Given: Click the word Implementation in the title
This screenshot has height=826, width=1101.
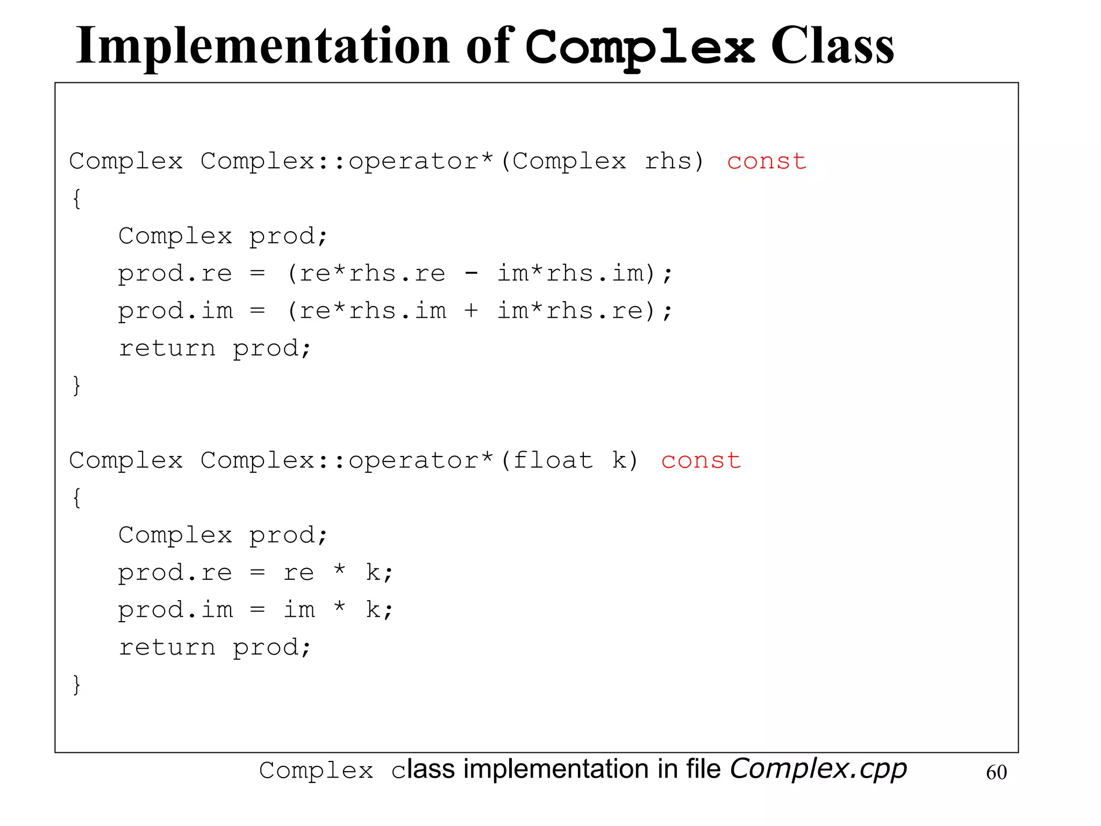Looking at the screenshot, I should coord(262,47).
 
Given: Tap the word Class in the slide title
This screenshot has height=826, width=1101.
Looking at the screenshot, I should coord(832,47).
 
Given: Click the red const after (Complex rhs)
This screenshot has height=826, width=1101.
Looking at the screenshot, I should coord(767,161).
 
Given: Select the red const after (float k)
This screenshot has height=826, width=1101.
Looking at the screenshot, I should coord(701,461).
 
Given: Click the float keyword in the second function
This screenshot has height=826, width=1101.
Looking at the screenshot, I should coord(553,461).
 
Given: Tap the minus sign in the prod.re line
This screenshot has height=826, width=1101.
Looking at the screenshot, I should coord(471,274).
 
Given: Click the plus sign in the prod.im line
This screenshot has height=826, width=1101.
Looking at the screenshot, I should coord(471,311).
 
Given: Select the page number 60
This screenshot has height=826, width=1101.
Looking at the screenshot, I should coord(996,773).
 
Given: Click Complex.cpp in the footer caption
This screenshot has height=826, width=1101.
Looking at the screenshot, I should coord(818,769).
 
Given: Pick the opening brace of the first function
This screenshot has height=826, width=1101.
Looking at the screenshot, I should coord(77,199).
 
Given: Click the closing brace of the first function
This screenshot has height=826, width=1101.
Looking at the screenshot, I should coord(77,386).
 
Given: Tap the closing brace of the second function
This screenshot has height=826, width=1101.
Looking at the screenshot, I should coord(77,685).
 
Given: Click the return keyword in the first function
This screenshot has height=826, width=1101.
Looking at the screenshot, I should coord(167,348).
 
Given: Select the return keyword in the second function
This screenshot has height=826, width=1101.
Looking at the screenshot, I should coord(167,647).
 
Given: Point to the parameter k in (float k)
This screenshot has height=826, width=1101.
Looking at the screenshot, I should coord(619,461).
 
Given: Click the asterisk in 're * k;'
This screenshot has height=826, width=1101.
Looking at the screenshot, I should coord(339,570).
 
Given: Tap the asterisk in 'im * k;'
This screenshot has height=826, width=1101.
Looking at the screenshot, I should coord(339,608).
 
